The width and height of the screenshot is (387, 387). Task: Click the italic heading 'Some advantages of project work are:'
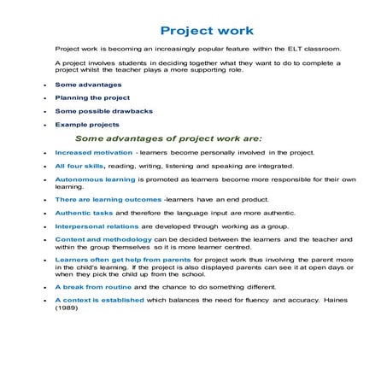(168, 137)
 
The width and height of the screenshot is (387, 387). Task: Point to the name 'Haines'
(329, 301)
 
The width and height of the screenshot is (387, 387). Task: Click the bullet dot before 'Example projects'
(44, 125)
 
